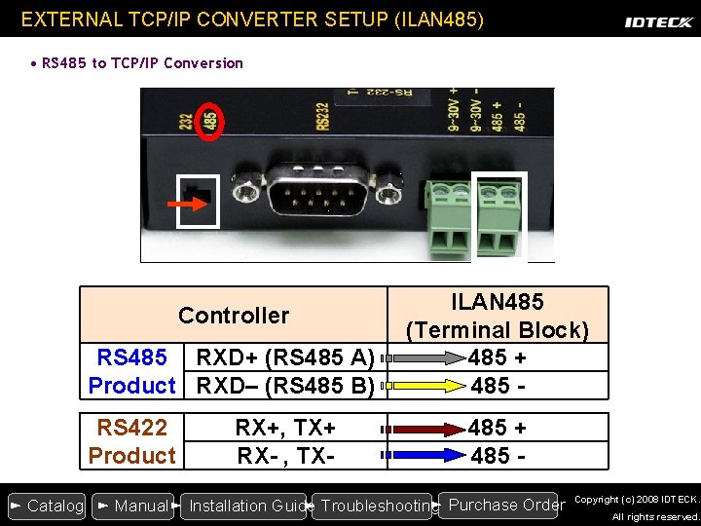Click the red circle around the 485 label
pos(211,121)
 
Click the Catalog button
pos(47,506)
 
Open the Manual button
pos(133,506)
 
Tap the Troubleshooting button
pos(375,506)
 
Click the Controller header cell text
pos(234,316)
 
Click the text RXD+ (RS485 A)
pos(285,357)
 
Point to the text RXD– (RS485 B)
pos(285,386)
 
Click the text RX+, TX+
pos(285,428)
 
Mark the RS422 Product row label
pos(131,441)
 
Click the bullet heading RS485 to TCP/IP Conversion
pos(142,63)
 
